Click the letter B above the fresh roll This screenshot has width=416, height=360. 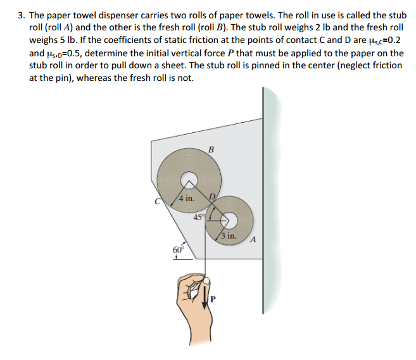211,149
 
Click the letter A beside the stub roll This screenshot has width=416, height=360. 253,239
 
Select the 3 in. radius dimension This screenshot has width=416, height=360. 229,236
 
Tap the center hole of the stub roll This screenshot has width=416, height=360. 230,219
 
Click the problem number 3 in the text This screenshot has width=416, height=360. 18,14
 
